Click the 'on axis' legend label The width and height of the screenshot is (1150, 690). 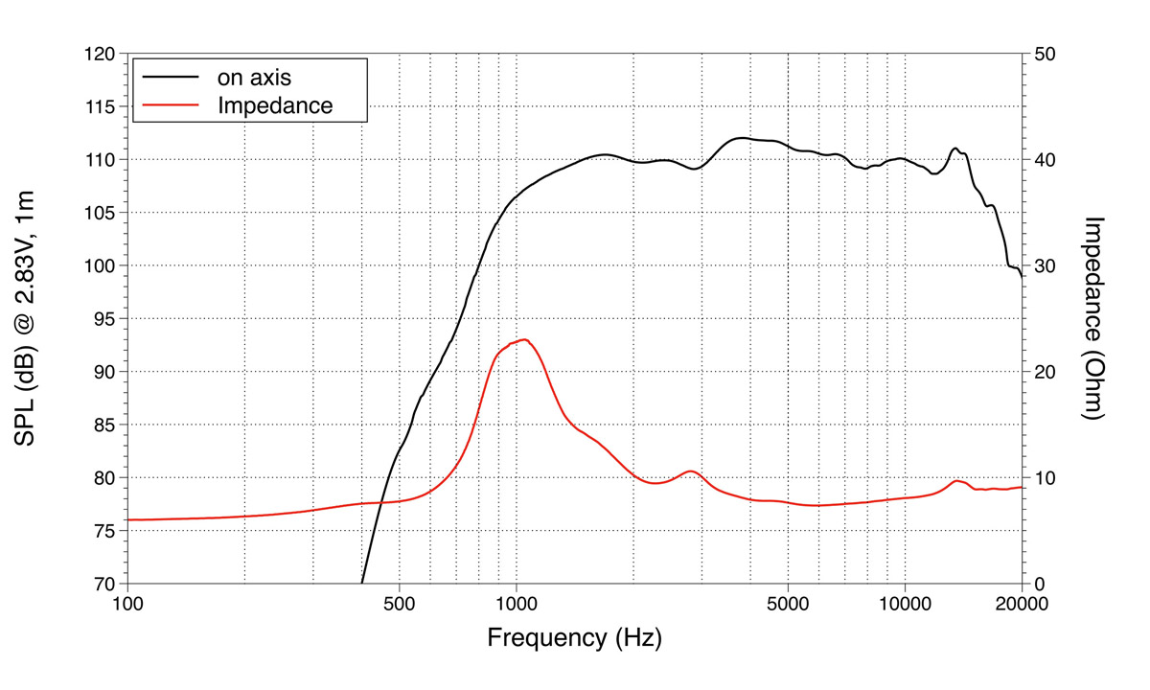click(254, 77)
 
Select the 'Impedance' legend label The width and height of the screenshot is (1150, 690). click(275, 104)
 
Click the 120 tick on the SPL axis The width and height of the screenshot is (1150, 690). click(101, 54)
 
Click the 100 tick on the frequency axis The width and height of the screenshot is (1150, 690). click(127, 604)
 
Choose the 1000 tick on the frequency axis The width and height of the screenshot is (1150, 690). click(517, 604)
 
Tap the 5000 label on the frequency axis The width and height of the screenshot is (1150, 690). click(788, 604)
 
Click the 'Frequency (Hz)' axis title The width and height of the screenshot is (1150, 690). click(574, 637)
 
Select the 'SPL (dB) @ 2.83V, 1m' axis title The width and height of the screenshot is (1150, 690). click(25, 318)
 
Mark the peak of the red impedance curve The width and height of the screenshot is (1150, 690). click(524, 339)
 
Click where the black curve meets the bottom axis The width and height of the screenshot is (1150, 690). click(362, 583)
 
